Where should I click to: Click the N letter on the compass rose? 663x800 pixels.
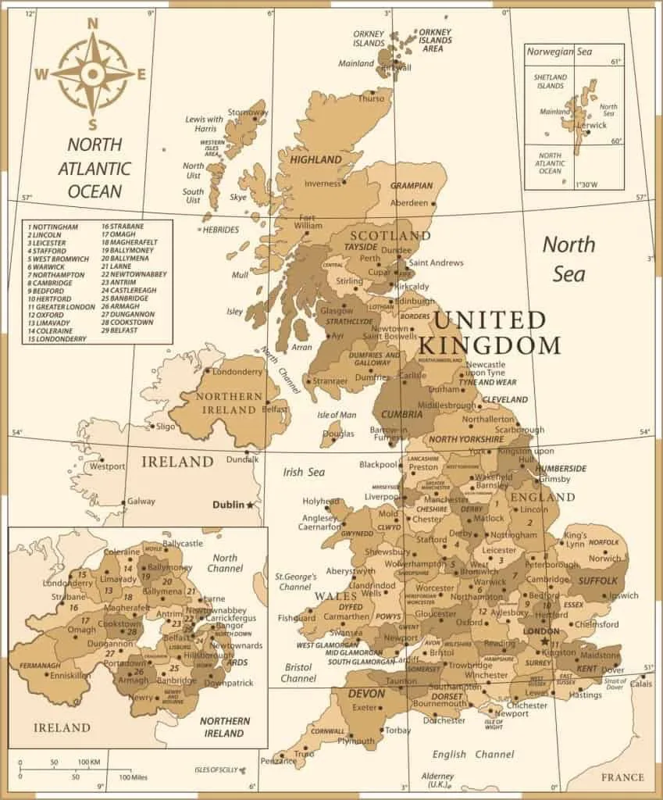[92, 23]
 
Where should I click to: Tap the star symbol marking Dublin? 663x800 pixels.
[250, 505]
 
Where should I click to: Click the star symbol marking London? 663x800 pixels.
[544, 641]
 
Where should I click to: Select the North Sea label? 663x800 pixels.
[569, 258]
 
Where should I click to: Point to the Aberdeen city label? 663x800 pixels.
[409, 202]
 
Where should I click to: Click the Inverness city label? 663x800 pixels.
[323, 184]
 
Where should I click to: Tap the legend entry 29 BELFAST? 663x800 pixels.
[124, 330]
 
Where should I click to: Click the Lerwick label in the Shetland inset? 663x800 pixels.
[591, 125]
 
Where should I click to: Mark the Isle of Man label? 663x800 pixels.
[337, 415]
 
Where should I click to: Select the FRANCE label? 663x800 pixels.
[622, 777]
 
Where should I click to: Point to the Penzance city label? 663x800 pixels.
[278, 760]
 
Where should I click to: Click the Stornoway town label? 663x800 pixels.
[248, 112]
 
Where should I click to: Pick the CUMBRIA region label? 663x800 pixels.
[401, 414]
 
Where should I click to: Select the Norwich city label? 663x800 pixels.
[606, 558]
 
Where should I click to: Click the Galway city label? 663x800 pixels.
[141, 502]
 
